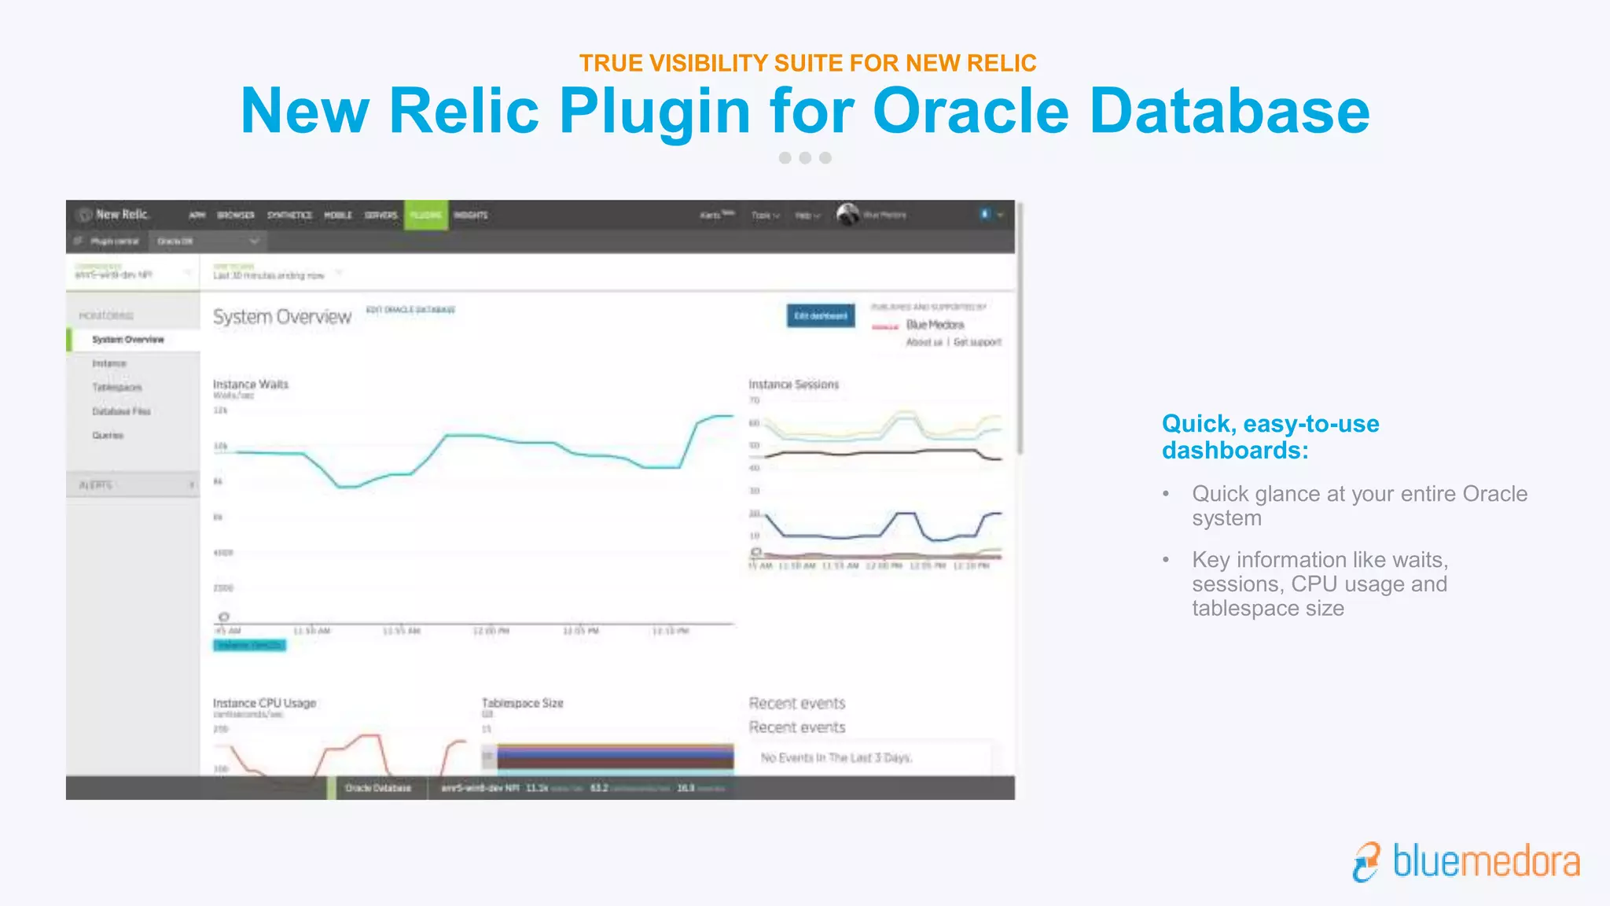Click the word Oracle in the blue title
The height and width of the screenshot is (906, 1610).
[x=971, y=111]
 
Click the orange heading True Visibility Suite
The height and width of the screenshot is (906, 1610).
[x=807, y=63]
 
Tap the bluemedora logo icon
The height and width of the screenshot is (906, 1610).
[x=1366, y=862]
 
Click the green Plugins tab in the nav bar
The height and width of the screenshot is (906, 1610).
[x=426, y=215]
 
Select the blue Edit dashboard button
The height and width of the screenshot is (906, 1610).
[x=821, y=315]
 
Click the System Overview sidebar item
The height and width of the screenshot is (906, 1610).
[x=128, y=340]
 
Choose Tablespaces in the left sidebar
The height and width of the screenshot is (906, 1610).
[x=117, y=387]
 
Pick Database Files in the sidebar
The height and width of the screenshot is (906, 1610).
[x=121, y=411]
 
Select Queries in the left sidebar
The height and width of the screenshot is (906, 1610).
[x=108, y=435]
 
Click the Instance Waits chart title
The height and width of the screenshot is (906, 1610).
[x=251, y=384]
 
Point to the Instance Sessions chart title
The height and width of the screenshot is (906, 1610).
[x=793, y=384]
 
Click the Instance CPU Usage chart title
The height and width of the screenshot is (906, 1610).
[x=264, y=703]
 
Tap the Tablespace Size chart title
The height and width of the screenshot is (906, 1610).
[x=522, y=703]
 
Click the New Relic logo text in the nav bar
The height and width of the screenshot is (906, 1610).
[x=122, y=215]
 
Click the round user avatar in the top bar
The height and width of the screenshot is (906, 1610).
[x=847, y=214]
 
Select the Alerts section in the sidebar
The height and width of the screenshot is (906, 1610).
[x=97, y=485]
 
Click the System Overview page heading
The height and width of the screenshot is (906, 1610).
[x=282, y=317]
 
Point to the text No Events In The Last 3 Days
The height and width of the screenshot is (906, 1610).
[x=836, y=757]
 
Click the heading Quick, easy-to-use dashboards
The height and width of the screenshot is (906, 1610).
[x=1270, y=436]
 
